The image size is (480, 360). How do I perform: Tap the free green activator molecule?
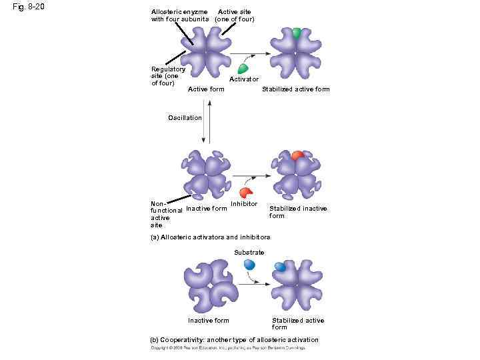(x=243, y=67)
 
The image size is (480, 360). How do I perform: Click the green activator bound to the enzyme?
(x=296, y=33)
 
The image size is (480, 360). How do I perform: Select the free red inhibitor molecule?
(x=247, y=191)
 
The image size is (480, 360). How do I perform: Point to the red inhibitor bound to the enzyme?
(x=297, y=155)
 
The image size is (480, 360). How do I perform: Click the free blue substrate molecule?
(x=249, y=264)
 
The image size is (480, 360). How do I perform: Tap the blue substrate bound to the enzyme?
(x=280, y=267)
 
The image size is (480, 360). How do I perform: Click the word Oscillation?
(x=185, y=118)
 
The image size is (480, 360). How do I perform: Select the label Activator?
(x=244, y=79)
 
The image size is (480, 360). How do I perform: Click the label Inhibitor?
(x=243, y=204)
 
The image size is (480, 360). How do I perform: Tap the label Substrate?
(x=249, y=253)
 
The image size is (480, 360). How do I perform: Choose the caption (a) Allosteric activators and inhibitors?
(x=211, y=237)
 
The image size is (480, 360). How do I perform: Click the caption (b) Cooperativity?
(x=235, y=340)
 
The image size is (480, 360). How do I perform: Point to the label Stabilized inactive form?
(x=298, y=212)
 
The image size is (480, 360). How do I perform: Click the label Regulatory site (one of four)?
(x=168, y=76)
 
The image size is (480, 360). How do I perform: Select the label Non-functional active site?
(x=164, y=214)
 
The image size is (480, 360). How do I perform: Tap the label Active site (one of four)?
(x=234, y=15)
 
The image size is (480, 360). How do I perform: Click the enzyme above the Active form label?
(x=206, y=52)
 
